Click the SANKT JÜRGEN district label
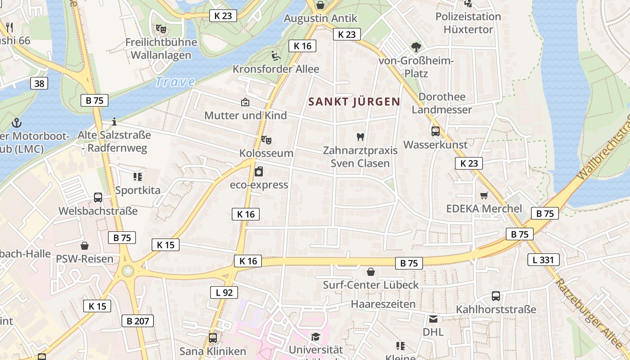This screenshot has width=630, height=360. coord(355,102)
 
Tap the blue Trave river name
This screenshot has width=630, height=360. coord(175,82)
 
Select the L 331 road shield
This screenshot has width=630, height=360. coord(544,260)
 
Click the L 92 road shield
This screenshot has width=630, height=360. coord(224,292)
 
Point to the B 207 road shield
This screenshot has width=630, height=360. coord(137,321)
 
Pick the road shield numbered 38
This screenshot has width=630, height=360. coord(40,83)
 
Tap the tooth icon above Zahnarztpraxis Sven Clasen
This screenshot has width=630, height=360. coord(360,137)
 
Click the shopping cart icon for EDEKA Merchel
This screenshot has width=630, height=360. coord(484,195)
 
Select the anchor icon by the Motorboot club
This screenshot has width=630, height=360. coord(17,122)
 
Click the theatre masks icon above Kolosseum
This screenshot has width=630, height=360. coord(266,140)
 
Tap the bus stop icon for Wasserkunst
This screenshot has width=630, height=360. coord(435,131)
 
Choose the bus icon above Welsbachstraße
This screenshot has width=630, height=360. coord(98,197)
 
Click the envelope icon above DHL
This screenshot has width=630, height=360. coord(433,319)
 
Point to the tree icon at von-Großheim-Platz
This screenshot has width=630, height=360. coord(416,47)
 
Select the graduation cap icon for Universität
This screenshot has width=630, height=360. coord(315,337)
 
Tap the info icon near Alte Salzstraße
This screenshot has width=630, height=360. coord(114,121)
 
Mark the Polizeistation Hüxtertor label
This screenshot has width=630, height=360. coord(468,23)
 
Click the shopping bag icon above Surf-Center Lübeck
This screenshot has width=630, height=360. coord(370,272)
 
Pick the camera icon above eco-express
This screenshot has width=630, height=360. coord(259,171)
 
